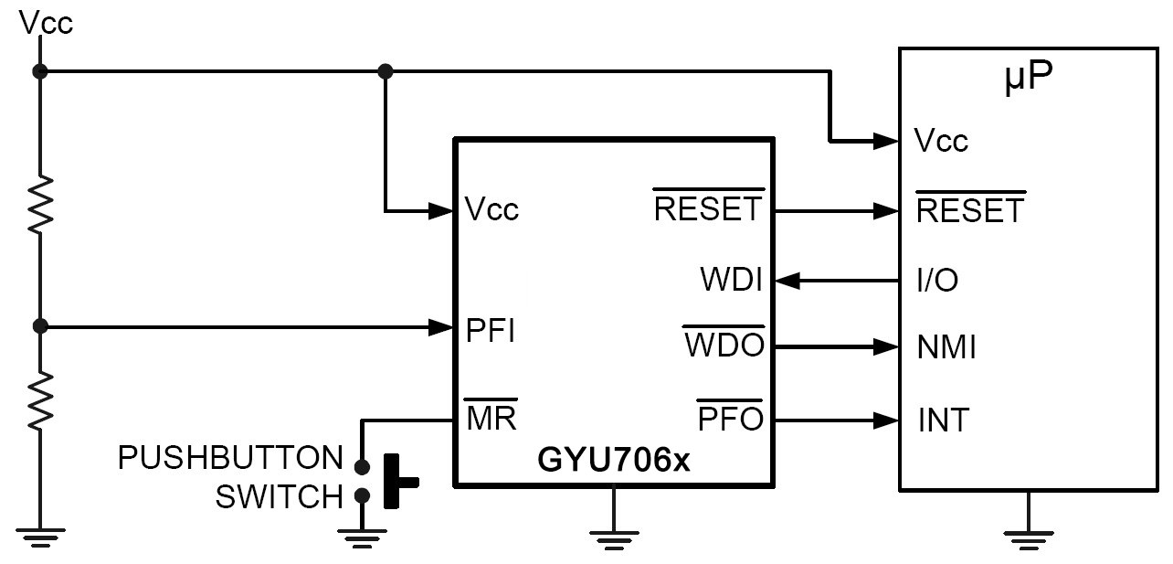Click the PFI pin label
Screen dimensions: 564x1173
coord(491,330)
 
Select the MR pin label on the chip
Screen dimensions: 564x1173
coord(491,418)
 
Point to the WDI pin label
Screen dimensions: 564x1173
coord(732,280)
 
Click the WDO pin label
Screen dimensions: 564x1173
coord(724,348)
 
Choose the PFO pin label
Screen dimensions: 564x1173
coord(730,420)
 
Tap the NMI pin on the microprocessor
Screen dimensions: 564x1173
coord(946,348)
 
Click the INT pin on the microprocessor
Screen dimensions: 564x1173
coord(944,420)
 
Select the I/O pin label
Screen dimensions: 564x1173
coord(937,281)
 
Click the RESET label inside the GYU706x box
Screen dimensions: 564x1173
coord(707,209)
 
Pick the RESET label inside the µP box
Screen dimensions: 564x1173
coord(970,211)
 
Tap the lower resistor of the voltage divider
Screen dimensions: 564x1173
coord(40,399)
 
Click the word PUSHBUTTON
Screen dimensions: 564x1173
coord(230,457)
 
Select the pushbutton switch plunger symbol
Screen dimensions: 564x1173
coord(398,481)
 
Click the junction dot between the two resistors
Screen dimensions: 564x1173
coord(40,325)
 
